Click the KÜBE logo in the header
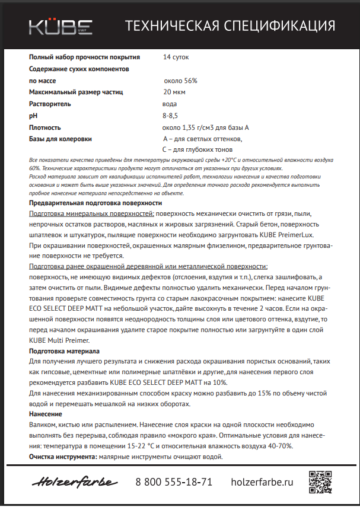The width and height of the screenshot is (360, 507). point(61,26)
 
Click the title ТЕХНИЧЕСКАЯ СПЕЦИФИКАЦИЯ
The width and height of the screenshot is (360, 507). point(230,26)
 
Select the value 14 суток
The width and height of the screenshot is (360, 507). point(177,58)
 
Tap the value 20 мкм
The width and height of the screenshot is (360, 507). point(176,92)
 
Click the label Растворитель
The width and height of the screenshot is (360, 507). point(50,104)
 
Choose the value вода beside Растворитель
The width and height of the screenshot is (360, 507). point(170,104)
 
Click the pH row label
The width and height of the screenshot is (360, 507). point(33,116)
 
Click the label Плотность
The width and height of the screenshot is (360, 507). point(45,127)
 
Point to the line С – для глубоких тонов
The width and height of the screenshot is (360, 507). point(193,149)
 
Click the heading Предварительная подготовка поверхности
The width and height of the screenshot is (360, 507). point(95,203)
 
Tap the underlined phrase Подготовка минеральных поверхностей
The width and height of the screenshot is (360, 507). point(91,213)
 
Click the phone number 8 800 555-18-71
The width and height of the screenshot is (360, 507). point(174,482)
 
